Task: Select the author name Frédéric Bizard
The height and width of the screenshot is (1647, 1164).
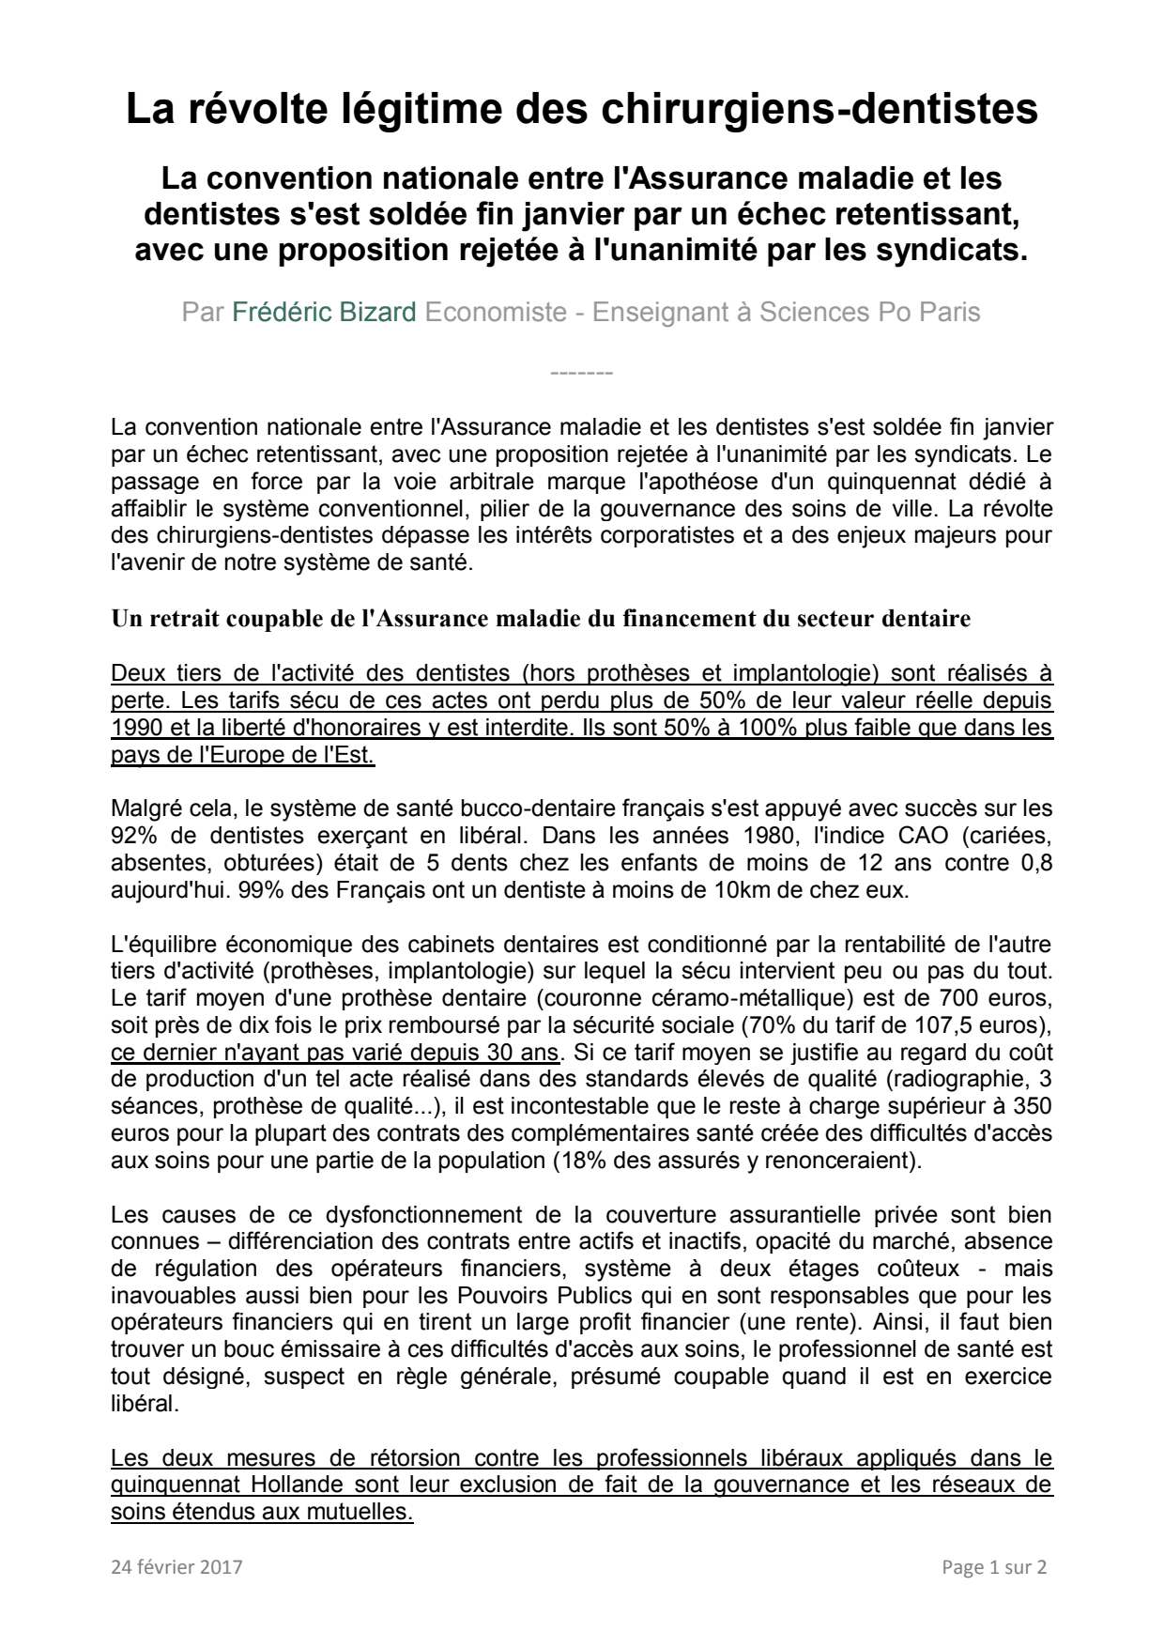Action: click(324, 312)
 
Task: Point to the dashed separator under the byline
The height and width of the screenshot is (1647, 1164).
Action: click(581, 373)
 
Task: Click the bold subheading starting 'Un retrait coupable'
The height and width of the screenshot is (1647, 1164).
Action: click(541, 619)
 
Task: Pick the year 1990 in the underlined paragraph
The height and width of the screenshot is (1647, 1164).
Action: click(138, 728)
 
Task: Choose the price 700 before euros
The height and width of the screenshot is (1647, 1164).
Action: click(962, 997)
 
